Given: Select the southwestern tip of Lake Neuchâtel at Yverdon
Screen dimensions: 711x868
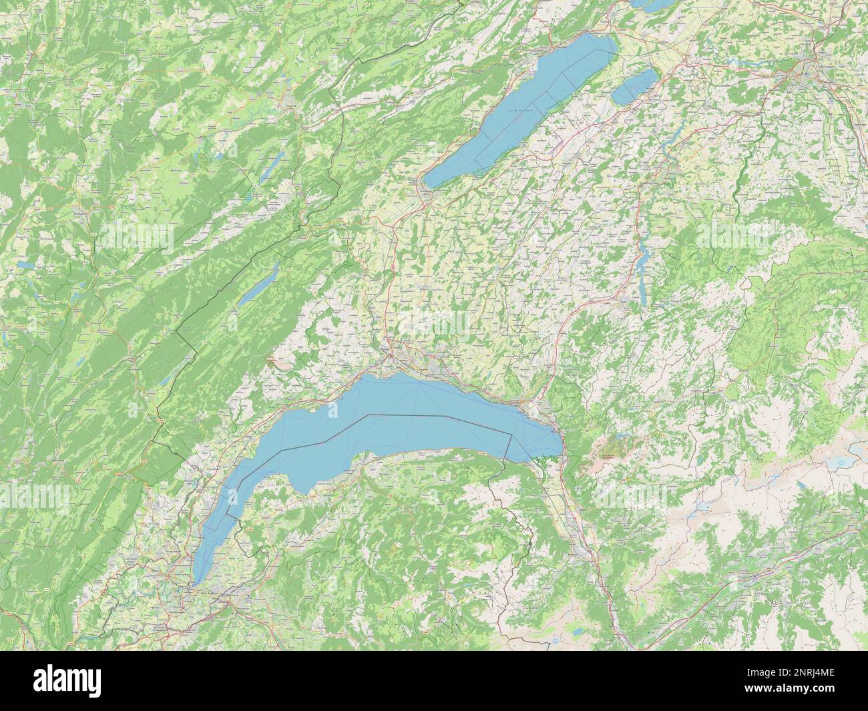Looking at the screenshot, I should [x=429, y=184].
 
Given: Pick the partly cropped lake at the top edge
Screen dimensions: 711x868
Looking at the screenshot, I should [x=651, y=5].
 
